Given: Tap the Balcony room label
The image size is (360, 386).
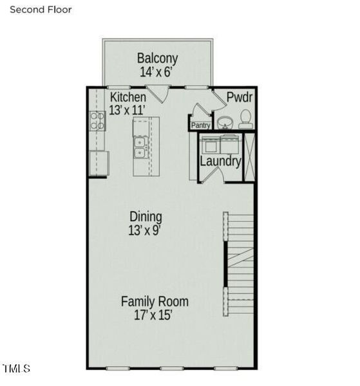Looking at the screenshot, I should click(156, 59).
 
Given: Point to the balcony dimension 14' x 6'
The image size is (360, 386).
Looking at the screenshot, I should click(156, 72).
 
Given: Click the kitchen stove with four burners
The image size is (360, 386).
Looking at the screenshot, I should click(97, 120).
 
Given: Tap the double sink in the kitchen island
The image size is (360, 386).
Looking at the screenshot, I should click(140, 147).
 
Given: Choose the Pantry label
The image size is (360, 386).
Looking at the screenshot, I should click(200, 126).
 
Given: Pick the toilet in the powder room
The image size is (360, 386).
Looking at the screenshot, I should click(245, 119).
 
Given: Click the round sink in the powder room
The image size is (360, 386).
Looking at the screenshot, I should click(225, 122).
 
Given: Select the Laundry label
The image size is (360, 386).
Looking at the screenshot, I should click(220, 161).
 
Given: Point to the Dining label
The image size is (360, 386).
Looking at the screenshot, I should click(146, 217).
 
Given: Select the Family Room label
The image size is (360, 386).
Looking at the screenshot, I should click(155, 301).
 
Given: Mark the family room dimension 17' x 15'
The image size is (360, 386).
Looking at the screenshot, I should click(153, 315).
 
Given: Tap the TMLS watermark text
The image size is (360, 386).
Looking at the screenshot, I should click(17, 369).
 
